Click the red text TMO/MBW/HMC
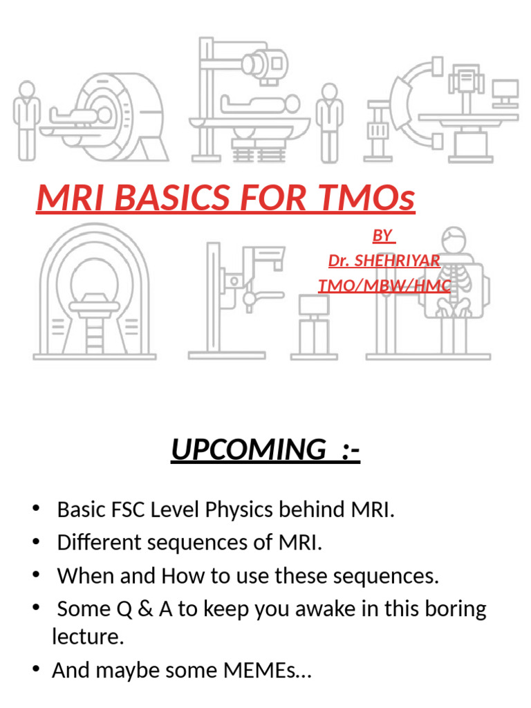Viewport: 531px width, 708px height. [384, 285]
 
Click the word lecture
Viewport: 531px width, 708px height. [88, 637]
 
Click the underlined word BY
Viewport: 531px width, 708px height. [382, 236]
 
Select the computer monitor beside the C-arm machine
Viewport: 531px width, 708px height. [505, 90]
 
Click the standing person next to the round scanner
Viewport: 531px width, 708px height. [26, 118]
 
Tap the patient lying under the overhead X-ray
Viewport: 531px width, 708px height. [259, 105]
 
